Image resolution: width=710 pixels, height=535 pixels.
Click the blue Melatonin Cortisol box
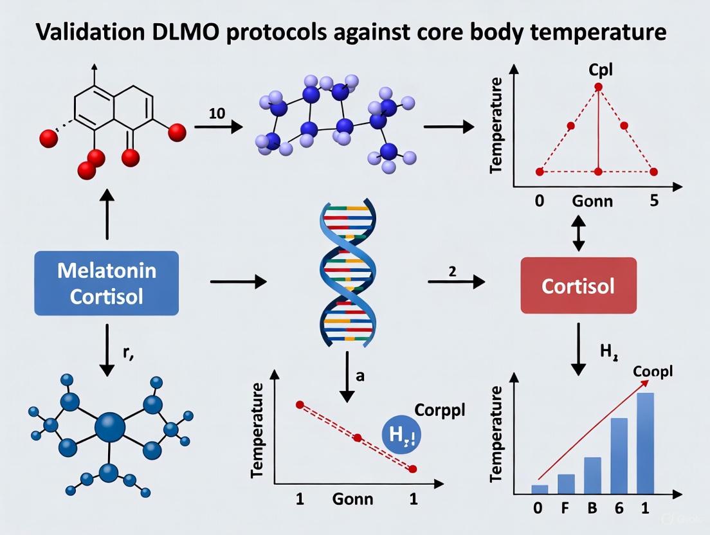pyautogui.click(x=106, y=283)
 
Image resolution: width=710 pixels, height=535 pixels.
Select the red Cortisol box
pyautogui.click(x=578, y=286)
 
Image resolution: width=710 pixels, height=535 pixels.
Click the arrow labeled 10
pyautogui.click(x=219, y=127)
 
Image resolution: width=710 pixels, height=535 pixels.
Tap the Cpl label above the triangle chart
pyautogui.click(x=598, y=69)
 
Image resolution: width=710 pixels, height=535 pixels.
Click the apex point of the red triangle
pyautogui.click(x=598, y=87)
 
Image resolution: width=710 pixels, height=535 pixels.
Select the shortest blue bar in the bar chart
pyautogui.click(x=540, y=489)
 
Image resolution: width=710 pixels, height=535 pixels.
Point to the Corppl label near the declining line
pyautogui.click(x=439, y=410)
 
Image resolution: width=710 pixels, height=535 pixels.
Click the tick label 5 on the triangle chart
pyautogui.click(x=654, y=201)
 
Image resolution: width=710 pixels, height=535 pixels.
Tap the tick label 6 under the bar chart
pyautogui.click(x=619, y=507)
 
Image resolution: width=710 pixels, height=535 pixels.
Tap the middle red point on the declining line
pyautogui.click(x=358, y=437)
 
